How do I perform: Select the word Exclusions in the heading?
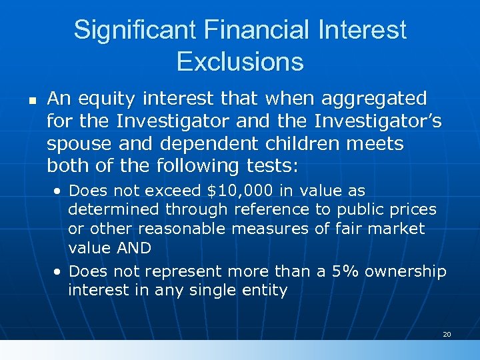coord(240,61)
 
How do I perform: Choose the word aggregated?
coord(374,99)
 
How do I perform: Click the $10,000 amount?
coord(241,191)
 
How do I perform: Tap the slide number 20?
coord(447,333)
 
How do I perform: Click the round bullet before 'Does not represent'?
coord(59,271)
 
